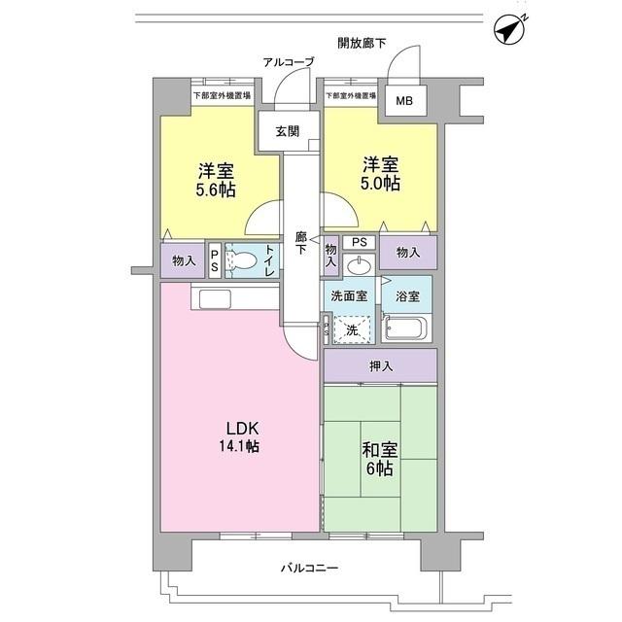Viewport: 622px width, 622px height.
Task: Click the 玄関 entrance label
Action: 287,132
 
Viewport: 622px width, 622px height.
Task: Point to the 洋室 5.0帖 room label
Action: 379,172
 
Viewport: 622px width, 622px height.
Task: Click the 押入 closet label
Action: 382,366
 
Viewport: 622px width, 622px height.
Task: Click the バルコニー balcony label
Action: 309,568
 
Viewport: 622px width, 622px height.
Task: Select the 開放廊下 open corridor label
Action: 363,44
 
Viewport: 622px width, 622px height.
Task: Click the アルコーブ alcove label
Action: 289,62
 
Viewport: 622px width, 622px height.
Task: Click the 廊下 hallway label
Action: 301,242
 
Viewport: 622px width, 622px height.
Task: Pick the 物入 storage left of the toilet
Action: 184,260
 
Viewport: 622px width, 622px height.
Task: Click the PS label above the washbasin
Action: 359,242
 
